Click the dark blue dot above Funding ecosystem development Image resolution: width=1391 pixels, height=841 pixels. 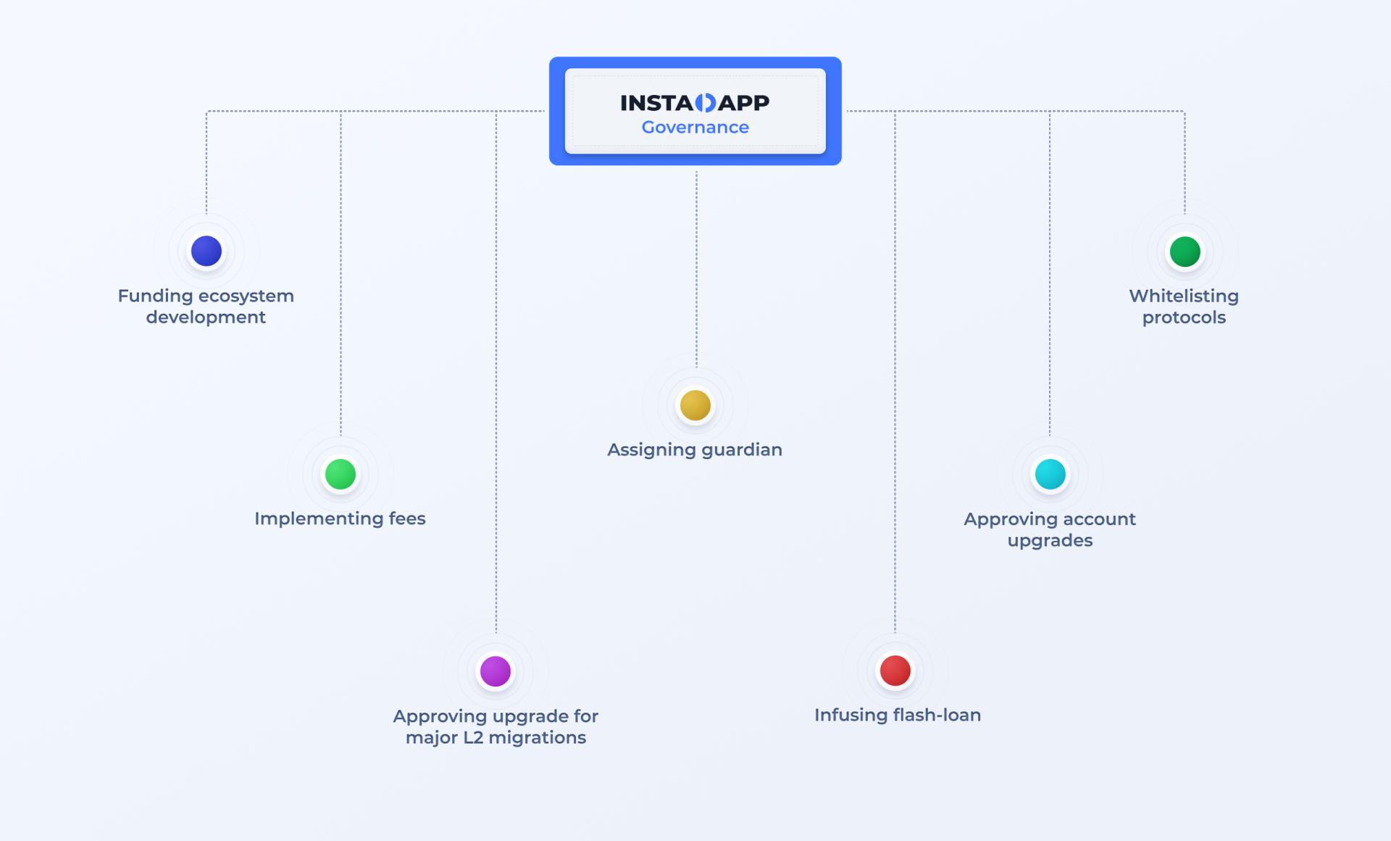coord(206,251)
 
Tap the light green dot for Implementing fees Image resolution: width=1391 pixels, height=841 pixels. coord(341,474)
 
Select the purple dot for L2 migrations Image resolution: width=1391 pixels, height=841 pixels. coord(496,671)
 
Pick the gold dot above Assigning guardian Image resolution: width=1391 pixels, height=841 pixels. coord(695,405)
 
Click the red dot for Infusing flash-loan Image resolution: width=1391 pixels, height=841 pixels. coord(895,671)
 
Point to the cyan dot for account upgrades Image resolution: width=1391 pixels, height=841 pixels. coord(1050,474)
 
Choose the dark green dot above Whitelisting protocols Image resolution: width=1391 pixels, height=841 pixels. coord(1185,252)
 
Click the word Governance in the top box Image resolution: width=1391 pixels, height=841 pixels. coord(695,128)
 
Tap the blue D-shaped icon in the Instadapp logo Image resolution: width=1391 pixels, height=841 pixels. coord(706,103)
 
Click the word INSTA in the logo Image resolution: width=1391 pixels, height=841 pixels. coord(657,103)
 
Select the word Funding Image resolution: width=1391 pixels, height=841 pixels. coord(155,297)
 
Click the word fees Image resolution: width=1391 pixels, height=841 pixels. coord(407,518)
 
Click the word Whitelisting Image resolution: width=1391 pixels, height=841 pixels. coord(1184,297)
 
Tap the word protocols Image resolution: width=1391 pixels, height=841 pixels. coord(1184,318)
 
